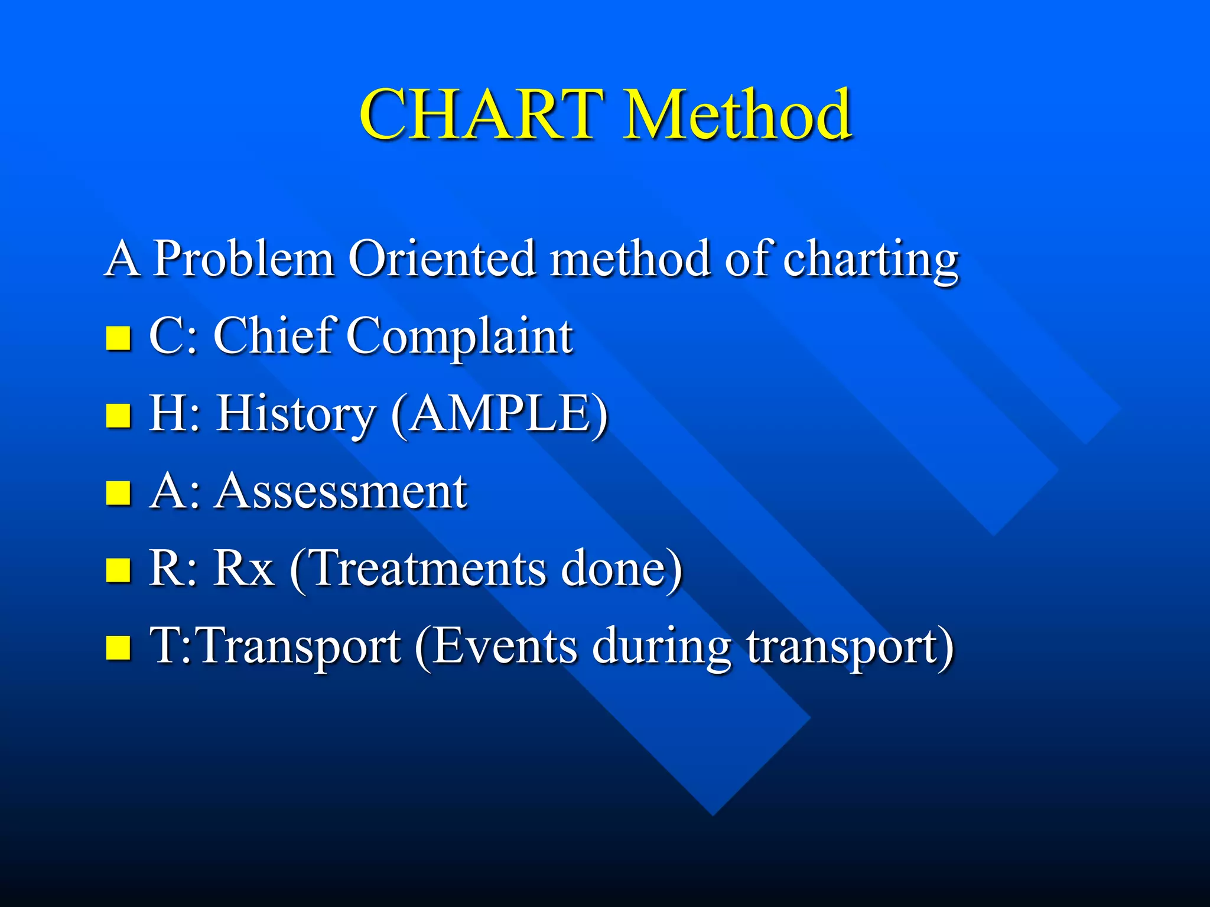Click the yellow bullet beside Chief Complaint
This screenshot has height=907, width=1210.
pos(118,338)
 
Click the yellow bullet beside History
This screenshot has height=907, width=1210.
pos(118,415)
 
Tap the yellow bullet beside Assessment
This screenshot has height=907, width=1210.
pos(118,492)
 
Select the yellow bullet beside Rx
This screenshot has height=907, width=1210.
pos(118,570)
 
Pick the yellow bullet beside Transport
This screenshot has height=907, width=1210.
pos(118,647)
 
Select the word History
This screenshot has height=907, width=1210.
pos(296,415)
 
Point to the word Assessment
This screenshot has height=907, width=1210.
pos(341,491)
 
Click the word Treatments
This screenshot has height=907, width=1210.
pos(428,568)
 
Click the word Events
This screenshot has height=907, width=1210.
pos(505,646)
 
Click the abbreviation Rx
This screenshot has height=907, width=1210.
pos(243,568)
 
